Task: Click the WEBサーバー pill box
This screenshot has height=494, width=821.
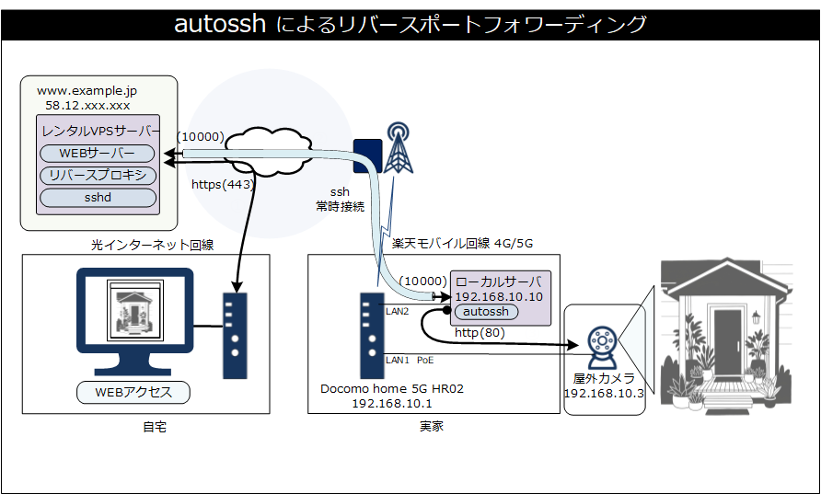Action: (97, 153)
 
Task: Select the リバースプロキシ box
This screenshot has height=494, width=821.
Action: (97, 176)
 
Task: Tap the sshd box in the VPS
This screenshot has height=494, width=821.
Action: (97, 197)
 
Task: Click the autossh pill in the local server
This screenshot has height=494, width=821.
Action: (487, 313)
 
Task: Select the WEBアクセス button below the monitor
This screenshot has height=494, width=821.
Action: (133, 393)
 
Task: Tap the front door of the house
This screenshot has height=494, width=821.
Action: (726, 344)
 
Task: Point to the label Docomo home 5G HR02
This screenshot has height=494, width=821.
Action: (392, 388)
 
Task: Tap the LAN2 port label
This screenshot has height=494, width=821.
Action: (397, 312)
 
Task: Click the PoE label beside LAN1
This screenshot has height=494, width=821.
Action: (425, 360)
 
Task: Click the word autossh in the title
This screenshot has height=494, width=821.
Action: (221, 25)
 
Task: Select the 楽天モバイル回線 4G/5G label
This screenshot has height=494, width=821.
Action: (462, 244)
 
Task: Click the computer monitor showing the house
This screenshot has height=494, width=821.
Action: (135, 314)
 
